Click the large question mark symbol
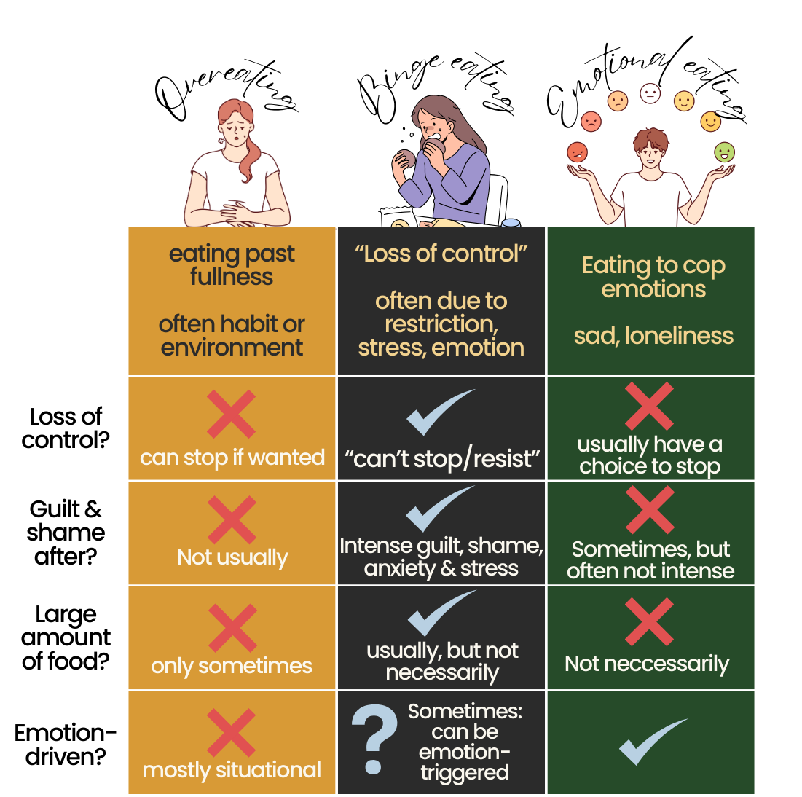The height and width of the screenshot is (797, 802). pyautogui.click(x=374, y=739)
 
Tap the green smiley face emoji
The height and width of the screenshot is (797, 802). pyautogui.click(x=724, y=152)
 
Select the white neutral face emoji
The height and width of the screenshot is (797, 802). pyautogui.click(x=650, y=93)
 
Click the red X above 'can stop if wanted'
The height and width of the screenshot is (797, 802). pyautogui.click(x=231, y=414)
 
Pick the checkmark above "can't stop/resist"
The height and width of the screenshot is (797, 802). pyautogui.click(x=439, y=412)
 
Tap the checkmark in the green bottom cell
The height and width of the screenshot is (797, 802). pyautogui.click(x=652, y=742)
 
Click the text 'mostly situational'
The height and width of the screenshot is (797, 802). pyautogui.click(x=232, y=770)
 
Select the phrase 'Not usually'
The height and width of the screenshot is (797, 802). pyautogui.click(x=232, y=557)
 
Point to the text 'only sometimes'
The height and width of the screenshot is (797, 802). pyautogui.click(x=232, y=666)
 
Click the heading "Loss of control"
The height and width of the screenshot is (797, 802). pyautogui.click(x=441, y=254)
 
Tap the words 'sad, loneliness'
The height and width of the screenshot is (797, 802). pyautogui.click(x=653, y=336)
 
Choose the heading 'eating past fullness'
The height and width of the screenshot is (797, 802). pyautogui.click(x=232, y=265)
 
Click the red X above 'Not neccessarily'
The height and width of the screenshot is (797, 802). pyautogui.click(x=649, y=622)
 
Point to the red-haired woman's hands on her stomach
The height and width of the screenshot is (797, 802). pyautogui.click(x=237, y=212)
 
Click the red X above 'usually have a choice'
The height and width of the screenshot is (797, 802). pyautogui.click(x=649, y=406)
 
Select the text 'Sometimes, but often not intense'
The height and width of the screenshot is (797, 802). pyautogui.click(x=650, y=560)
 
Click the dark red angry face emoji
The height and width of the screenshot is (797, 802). pyautogui.click(x=577, y=152)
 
